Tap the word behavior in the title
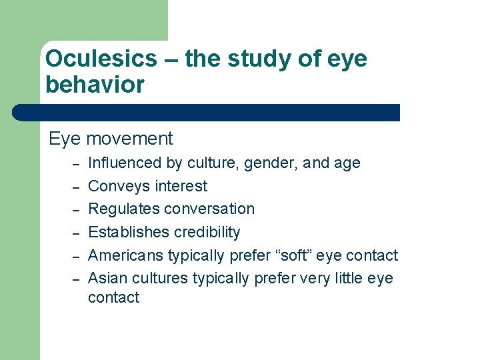coord(95,85)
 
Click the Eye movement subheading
coord(111,139)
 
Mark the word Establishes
coord(127,232)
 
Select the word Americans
coord(125,255)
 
